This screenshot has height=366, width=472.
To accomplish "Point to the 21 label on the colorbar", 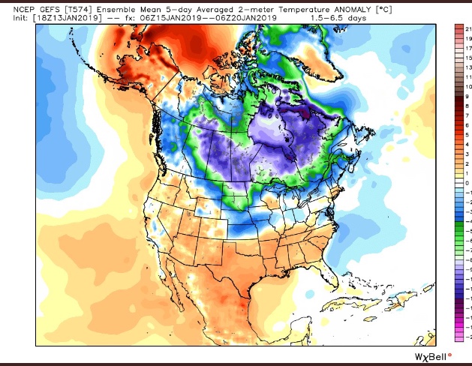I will tap(467, 27).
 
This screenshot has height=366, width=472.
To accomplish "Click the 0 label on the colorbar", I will tap(466, 181).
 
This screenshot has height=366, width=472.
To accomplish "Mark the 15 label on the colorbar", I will tap(467, 56).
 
